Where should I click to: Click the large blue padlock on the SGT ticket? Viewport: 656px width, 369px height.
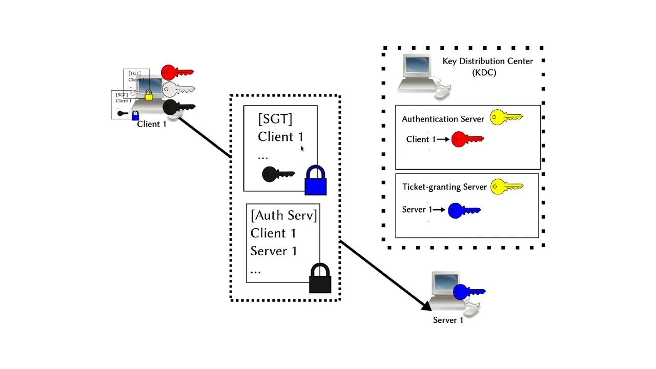(x=315, y=181)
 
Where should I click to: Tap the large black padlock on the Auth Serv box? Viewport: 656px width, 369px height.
(x=320, y=279)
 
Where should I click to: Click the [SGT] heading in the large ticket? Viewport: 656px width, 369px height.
(x=275, y=119)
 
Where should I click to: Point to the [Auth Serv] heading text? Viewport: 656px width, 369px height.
(x=284, y=215)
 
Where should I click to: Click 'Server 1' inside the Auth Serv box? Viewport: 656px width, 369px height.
(x=274, y=251)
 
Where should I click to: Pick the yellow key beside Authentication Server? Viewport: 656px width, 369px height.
(x=506, y=118)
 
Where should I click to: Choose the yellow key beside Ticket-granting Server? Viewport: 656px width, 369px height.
(x=506, y=187)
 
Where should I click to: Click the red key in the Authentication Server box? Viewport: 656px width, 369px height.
(x=467, y=139)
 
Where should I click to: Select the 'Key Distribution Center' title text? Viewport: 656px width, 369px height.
(x=487, y=61)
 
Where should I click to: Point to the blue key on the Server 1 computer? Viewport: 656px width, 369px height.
(x=468, y=292)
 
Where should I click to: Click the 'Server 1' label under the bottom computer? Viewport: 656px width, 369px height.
(x=448, y=320)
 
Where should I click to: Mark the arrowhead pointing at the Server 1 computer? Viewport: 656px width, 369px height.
(x=426, y=306)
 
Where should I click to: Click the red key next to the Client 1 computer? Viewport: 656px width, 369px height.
(x=177, y=72)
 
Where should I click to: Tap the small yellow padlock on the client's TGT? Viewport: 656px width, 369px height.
(x=149, y=95)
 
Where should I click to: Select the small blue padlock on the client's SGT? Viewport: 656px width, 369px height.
(x=135, y=115)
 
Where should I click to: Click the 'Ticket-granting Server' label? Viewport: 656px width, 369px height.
(x=444, y=187)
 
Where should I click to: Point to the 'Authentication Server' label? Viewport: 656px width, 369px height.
(x=443, y=119)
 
